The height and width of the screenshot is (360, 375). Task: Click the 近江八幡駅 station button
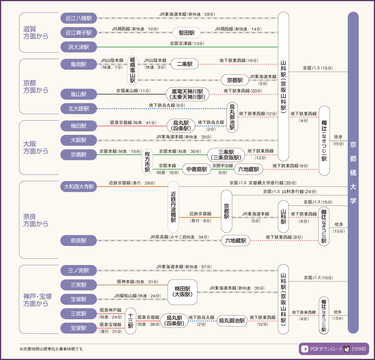[x=79, y=18]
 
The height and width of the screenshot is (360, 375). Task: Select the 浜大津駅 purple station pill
[x=79, y=47]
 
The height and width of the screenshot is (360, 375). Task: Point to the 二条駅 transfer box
[x=184, y=64]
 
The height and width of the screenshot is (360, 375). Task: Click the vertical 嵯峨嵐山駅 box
[x=132, y=70]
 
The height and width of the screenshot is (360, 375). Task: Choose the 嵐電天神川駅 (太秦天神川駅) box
[x=187, y=94]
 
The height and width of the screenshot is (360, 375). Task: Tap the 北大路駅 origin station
[x=79, y=109]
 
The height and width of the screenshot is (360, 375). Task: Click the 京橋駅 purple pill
[x=79, y=155]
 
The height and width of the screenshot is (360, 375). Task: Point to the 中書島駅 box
[x=197, y=169]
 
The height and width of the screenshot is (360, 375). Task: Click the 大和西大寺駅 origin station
[x=79, y=187]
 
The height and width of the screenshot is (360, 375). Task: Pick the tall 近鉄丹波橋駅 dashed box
[x=173, y=207]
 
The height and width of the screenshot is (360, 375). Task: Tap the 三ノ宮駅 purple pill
[x=79, y=270]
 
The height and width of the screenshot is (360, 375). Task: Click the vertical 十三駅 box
[x=130, y=321]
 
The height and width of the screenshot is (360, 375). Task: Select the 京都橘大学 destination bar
[x=353, y=172]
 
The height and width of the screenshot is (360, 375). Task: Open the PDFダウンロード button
[x=333, y=349]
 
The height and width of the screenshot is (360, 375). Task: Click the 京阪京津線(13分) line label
[x=187, y=44]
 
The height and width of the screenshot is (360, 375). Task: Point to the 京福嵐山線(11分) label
[x=134, y=91]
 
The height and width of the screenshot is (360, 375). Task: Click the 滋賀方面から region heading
[x=36, y=33]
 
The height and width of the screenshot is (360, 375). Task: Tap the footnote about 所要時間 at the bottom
[x=52, y=349]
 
